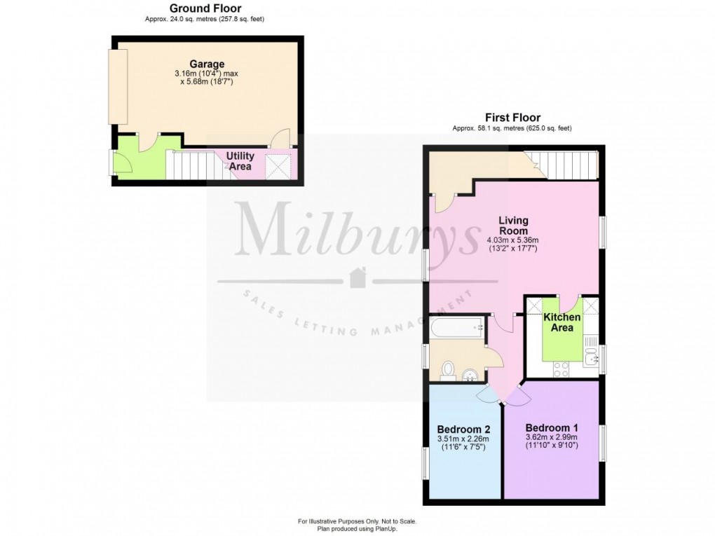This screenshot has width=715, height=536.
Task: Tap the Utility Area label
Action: (240, 161)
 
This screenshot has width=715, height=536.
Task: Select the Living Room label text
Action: (513, 226)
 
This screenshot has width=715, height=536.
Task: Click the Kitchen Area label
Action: (562, 322)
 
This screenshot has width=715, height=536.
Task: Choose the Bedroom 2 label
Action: (463, 430)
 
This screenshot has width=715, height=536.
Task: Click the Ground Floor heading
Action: (205, 8)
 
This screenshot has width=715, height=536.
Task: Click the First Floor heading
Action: (512, 118)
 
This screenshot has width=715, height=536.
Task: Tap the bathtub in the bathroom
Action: (456, 327)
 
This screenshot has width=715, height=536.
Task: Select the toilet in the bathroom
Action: (448, 369)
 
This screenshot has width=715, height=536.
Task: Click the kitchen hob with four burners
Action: (561, 369)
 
